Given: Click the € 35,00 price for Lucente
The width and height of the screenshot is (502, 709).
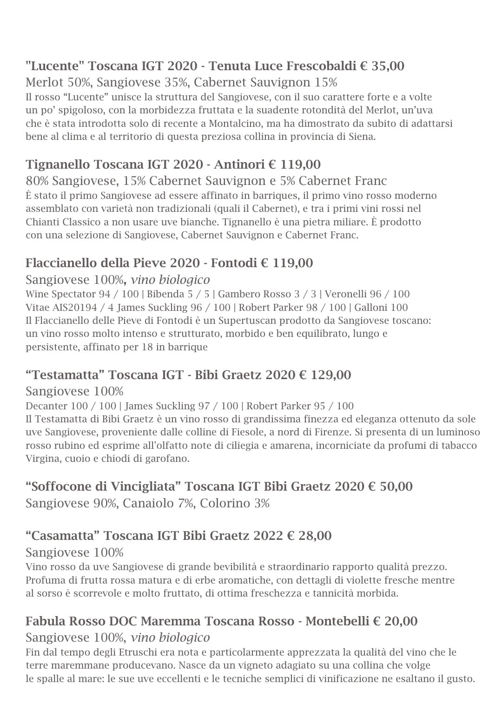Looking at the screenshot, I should (382, 66).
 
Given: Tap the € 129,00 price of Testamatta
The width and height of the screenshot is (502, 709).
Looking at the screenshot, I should (325, 375).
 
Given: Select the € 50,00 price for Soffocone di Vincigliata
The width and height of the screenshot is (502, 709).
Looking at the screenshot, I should (390, 486).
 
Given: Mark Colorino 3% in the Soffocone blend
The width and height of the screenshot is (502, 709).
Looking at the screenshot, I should (235, 504).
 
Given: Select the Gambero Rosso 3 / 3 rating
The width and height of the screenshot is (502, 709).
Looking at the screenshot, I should (269, 294).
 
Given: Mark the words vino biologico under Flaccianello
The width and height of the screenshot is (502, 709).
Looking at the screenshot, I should (170, 280).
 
